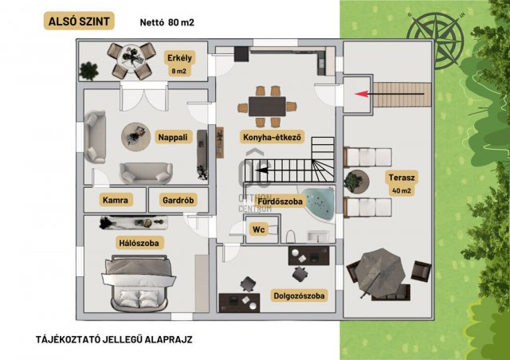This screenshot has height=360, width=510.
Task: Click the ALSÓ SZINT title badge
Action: (79, 22)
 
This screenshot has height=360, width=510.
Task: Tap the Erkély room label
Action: (179, 58)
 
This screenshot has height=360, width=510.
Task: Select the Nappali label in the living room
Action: (173, 137)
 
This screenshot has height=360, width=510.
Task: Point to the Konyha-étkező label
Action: (273, 137)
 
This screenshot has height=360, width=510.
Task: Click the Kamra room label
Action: (116, 200)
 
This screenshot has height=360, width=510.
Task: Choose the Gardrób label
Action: (178, 200)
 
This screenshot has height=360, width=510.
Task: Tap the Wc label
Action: (258, 229)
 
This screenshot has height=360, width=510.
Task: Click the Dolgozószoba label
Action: (300, 295)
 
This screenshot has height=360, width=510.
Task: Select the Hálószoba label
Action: (139, 243)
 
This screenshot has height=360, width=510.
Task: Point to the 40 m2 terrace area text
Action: (402, 190)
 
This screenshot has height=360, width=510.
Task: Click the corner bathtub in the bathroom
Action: (317, 203)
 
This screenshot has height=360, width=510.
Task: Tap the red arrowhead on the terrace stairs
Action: (361, 94)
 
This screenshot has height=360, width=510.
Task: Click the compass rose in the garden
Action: (435, 41)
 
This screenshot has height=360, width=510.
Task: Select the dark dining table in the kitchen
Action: (267, 107)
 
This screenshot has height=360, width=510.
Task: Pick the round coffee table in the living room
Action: (136, 136)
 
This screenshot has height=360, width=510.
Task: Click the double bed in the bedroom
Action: (139, 283)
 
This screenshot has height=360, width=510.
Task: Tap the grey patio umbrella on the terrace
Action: (380, 273)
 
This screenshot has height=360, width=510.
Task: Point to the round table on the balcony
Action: (131, 58)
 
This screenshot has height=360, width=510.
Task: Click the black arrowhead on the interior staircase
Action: (262, 170)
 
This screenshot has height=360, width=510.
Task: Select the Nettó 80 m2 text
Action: (167, 22)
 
